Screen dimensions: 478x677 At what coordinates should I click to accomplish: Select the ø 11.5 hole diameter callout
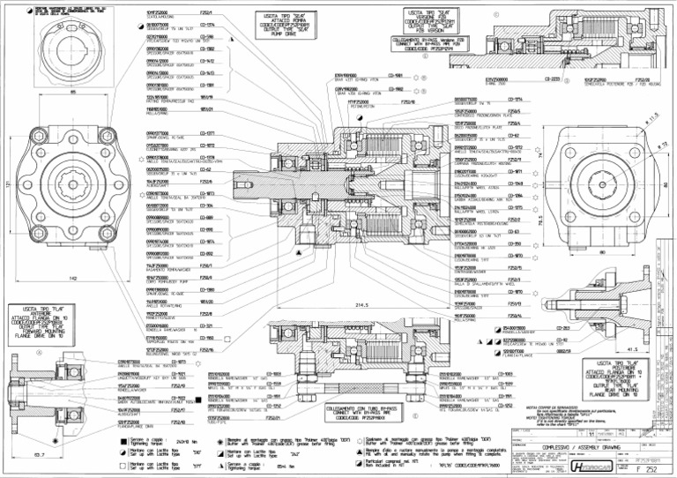[652, 115]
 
